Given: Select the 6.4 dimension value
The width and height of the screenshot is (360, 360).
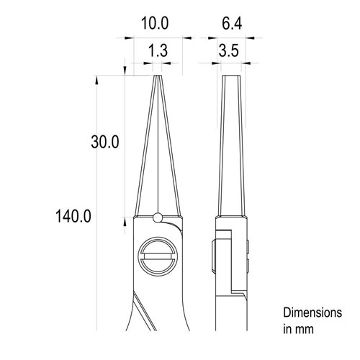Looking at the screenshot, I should tap(230, 23).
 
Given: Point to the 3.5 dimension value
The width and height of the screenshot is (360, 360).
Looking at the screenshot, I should tap(230, 52).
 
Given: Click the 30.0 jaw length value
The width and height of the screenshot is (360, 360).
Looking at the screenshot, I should tap(105, 142).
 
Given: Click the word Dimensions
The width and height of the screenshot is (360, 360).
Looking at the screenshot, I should tap(311, 313).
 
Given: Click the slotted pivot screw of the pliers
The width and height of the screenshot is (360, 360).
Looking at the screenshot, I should tap(157, 255).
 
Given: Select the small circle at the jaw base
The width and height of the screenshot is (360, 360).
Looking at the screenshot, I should tap(157, 217).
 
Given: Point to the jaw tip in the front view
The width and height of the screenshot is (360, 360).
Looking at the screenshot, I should tap(157, 76).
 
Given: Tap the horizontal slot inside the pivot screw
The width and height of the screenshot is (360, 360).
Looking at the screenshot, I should tap(157, 255).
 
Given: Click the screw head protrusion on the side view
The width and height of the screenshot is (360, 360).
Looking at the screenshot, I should tap(214, 255).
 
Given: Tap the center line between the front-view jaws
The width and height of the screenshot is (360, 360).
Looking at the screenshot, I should tap(157, 144).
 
